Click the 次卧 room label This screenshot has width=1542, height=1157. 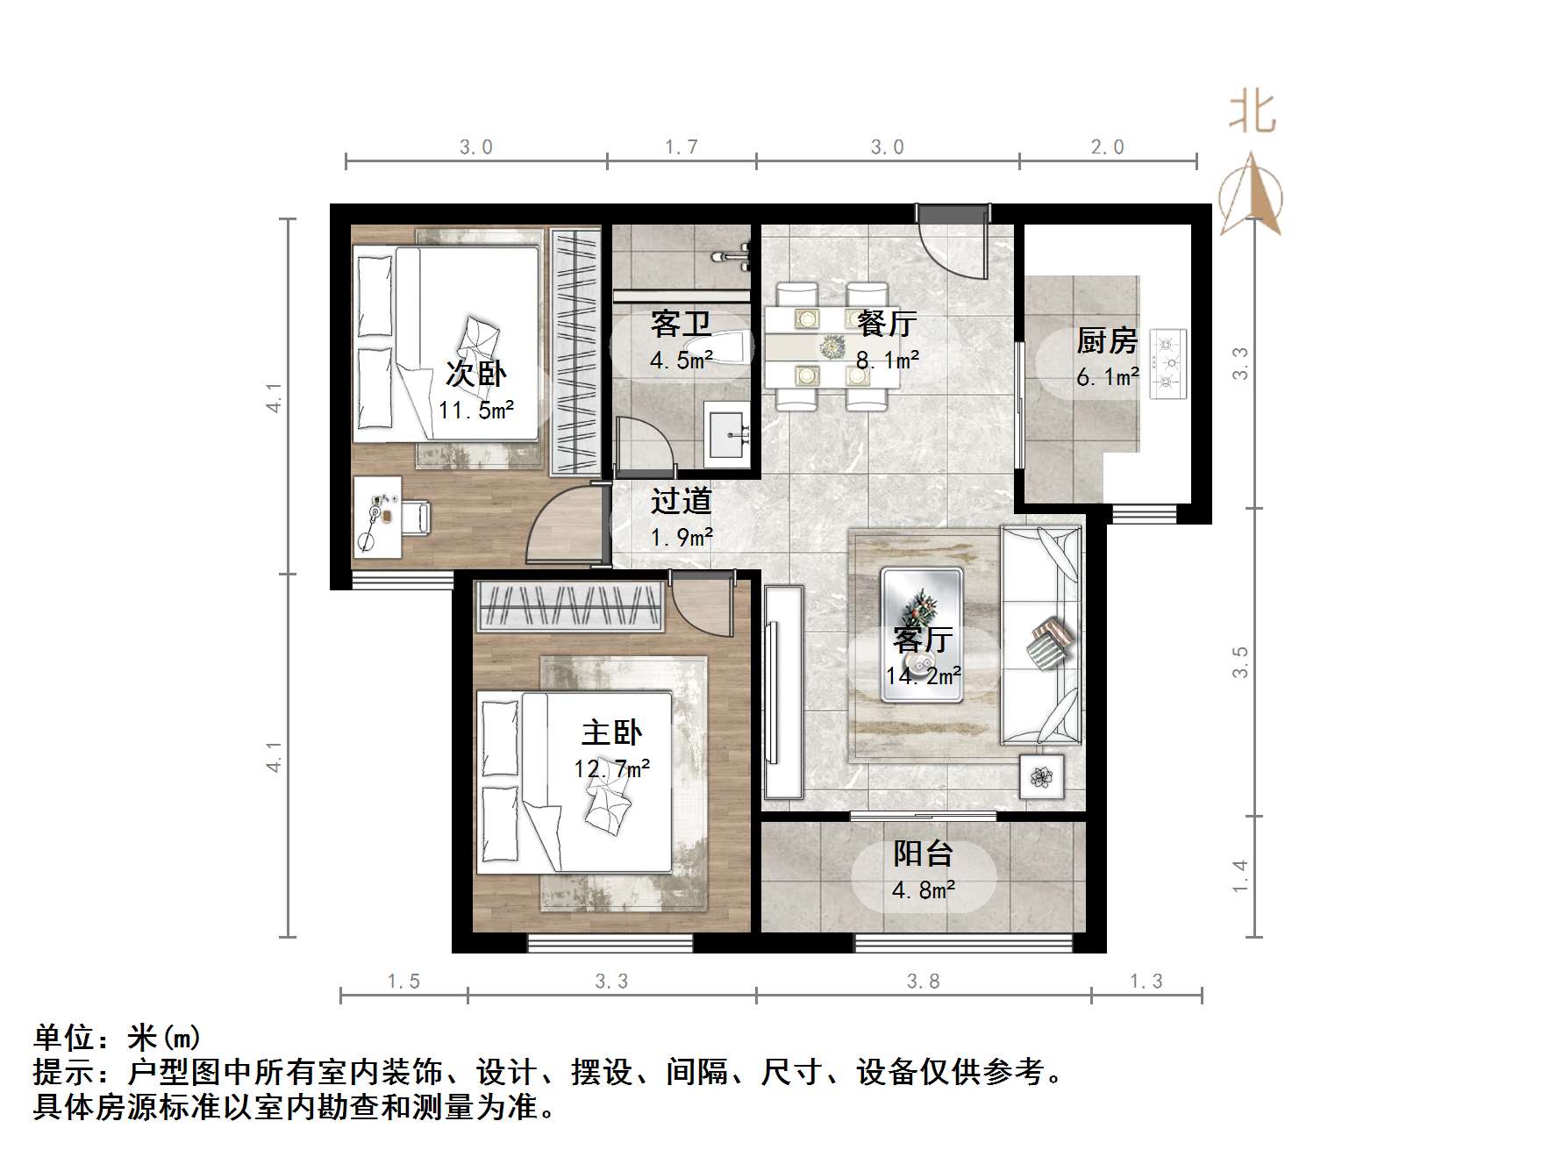coord(475,374)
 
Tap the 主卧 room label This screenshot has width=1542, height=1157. coord(611,732)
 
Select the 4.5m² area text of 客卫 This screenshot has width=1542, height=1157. coord(681,360)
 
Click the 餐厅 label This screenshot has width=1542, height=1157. coord(887,324)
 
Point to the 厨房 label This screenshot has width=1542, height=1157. coord(1107,340)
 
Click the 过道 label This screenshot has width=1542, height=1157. coord(681,501)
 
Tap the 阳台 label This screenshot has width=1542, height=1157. coord(923,853)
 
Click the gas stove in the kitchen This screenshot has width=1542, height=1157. coord(1167,362)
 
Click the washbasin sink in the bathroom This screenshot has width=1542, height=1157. coord(727,435)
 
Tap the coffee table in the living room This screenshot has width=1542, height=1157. coord(922,634)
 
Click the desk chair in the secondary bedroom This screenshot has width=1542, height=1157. coord(416,517)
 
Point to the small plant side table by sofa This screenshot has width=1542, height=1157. coord(1041,776)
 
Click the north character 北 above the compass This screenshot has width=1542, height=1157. coord(1252,114)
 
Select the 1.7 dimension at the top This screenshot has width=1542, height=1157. coord(681,147)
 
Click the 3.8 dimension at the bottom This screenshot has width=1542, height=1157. coord(923,982)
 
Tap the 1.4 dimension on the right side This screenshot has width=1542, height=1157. coord(1239,875)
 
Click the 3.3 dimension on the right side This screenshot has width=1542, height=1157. coord(1239,363)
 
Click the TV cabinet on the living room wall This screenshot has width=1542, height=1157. coord(782,692)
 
